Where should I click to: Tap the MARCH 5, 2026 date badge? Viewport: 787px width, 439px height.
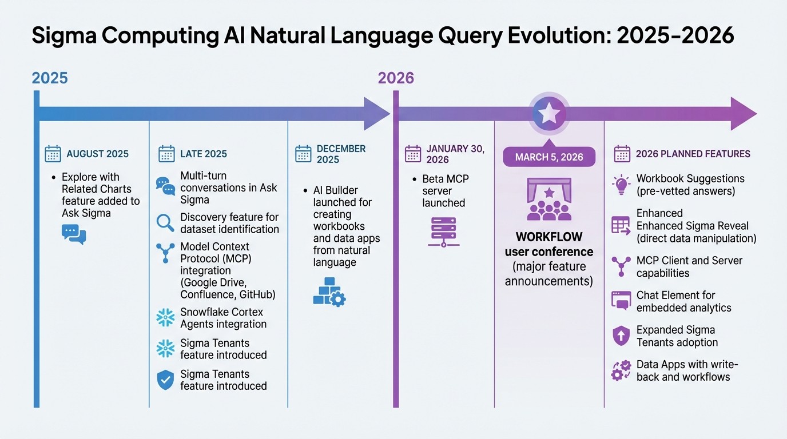[x=549, y=157]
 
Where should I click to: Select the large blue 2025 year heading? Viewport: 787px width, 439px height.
[x=50, y=78]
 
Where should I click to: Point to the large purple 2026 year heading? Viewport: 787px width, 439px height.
[x=396, y=78]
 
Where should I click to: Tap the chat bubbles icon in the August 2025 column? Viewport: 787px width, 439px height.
[x=74, y=234]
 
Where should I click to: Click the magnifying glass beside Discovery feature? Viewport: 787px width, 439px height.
[x=165, y=223]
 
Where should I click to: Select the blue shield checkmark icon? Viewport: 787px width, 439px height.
[x=165, y=380]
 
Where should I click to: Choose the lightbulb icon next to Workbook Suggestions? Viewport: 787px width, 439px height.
[x=621, y=185]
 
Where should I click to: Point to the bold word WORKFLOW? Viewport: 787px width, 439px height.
[x=549, y=237]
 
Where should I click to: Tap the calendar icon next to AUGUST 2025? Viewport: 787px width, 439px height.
[x=53, y=154]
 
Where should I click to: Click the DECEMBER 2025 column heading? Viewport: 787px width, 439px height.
[x=341, y=154]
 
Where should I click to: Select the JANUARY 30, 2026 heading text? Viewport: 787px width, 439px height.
[x=455, y=154]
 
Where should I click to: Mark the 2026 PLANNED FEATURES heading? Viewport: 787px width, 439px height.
[x=693, y=154]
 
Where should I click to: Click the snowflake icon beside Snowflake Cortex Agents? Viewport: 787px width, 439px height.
[x=165, y=318]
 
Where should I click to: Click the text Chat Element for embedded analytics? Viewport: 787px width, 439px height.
[x=683, y=301]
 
